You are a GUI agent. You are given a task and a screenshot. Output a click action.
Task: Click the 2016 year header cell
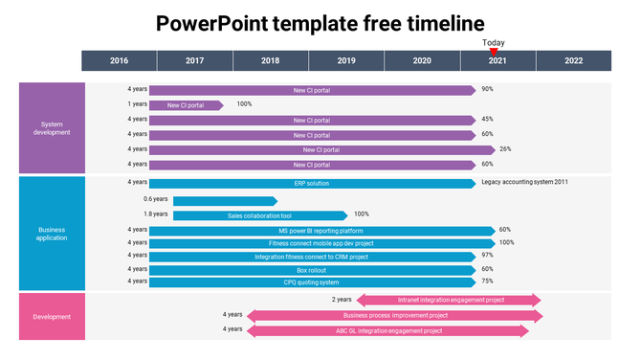(119, 60)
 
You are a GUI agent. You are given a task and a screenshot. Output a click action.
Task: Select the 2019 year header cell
(346, 60)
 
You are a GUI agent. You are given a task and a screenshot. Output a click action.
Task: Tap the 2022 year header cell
(573, 60)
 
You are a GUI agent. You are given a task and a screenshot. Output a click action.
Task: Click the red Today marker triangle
(494, 52)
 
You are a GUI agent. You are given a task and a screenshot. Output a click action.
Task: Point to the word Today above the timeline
(494, 43)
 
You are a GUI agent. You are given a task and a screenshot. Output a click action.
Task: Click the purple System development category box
(52, 127)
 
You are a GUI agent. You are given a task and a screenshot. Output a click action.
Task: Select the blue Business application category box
(52, 234)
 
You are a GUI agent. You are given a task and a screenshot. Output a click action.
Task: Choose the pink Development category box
(52, 317)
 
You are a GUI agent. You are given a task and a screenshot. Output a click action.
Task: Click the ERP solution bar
(312, 183)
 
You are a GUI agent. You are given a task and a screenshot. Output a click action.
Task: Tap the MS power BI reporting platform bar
(321, 230)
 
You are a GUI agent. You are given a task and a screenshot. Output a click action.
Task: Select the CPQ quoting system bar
(312, 281)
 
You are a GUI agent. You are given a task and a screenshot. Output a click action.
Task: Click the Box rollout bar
(312, 269)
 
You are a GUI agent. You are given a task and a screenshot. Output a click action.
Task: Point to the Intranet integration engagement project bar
(451, 300)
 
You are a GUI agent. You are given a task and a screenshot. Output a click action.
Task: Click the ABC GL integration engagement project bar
(388, 331)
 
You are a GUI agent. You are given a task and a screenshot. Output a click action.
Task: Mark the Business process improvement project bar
(394, 315)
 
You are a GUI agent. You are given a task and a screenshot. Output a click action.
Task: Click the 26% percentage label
(505, 149)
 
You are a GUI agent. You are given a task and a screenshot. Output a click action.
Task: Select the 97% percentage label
(487, 256)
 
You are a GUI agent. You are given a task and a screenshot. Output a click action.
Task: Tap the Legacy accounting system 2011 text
(525, 182)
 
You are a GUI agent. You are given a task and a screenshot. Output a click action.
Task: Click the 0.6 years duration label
(155, 199)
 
